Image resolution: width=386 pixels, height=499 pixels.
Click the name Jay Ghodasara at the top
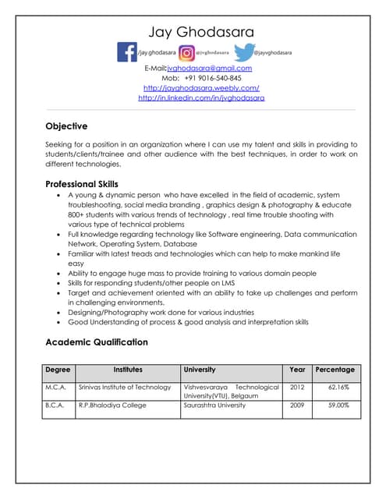[x=201, y=32]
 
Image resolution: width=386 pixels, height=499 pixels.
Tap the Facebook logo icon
[x=126, y=52]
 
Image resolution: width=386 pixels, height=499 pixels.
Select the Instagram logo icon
[x=186, y=52]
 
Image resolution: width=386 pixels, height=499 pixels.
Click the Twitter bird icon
[x=243, y=51]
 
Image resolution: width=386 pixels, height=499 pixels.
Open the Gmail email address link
[x=209, y=69]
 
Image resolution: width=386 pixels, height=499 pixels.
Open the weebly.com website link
[x=201, y=88]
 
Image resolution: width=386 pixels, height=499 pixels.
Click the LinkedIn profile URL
[x=201, y=98]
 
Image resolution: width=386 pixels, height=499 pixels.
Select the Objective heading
[x=66, y=126]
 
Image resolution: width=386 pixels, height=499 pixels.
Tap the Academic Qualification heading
[x=96, y=342]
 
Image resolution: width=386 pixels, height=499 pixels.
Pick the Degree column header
[x=58, y=370]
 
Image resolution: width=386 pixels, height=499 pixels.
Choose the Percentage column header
[x=335, y=370]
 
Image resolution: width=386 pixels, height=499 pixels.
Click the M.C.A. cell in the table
[x=56, y=387]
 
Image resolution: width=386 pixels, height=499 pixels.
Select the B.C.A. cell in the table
[x=56, y=405]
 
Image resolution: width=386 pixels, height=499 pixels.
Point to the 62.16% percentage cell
[x=338, y=387]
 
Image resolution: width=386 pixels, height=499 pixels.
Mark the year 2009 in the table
[x=297, y=405]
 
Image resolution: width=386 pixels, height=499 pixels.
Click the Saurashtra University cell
[x=214, y=405]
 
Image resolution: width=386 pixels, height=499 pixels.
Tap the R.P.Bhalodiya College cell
[x=112, y=405]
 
